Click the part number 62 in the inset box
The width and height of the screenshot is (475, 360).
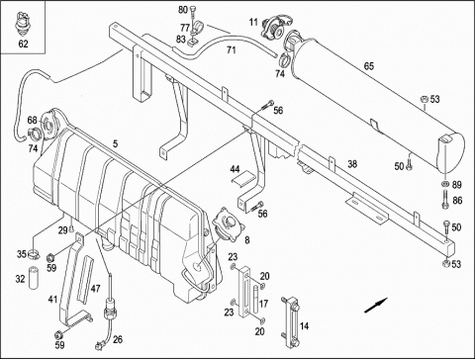click(x=23, y=44)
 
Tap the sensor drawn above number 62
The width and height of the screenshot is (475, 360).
click(x=22, y=24)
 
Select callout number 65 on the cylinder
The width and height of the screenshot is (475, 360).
click(x=369, y=66)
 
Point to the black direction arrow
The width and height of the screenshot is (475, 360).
click(x=376, y=305)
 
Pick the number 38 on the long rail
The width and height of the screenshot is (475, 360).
click(x=352, y=163)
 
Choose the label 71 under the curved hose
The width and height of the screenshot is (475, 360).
click(x=232, y=50)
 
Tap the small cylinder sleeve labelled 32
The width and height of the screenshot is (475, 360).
click(x=33, y=277)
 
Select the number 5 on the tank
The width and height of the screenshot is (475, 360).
click(x=115, y=143)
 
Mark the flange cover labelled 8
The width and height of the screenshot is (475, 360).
click(x=228, y=225)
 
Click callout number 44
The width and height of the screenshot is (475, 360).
click(x=235, y=169)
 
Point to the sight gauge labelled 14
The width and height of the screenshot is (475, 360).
click(x=290, y=321)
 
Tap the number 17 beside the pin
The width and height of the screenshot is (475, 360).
click(x=263, y=304)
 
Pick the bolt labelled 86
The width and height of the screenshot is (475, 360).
click(x=444, y=199)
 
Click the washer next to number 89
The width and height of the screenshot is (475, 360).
click(x=444, y=184)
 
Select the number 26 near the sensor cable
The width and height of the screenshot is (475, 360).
click(x=118, y=339)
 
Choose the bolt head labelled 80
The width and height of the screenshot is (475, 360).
click(x=193, y=11)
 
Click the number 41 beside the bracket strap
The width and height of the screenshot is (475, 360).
click(x=52, y=300)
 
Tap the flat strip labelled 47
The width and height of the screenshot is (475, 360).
click(x=85, y=279)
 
